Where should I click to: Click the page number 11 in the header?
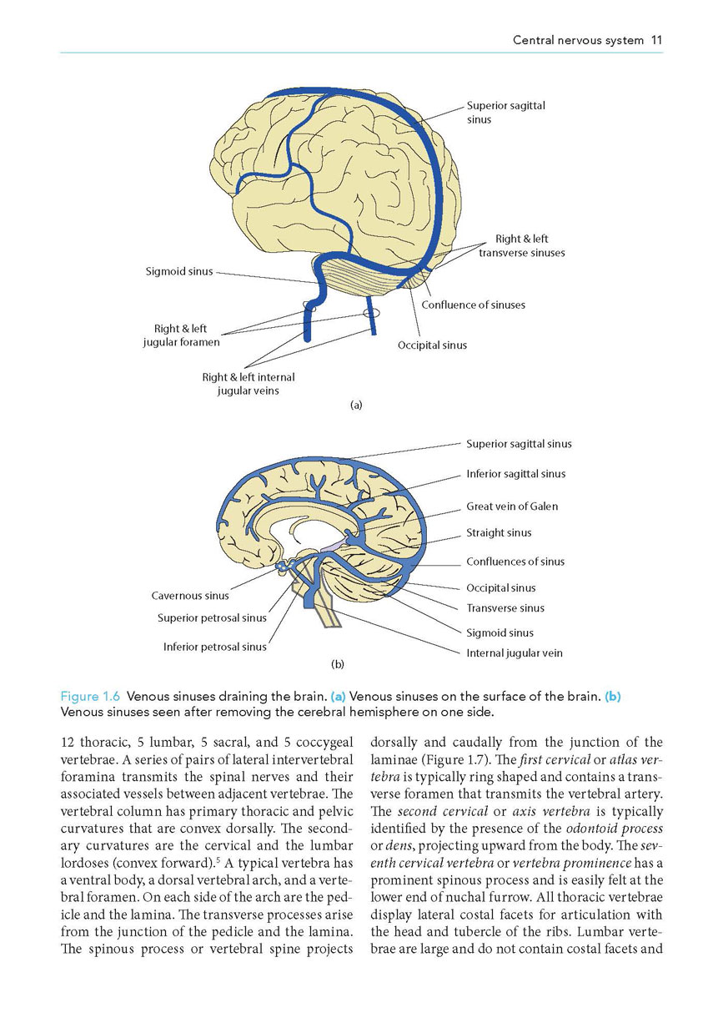click(656, 40)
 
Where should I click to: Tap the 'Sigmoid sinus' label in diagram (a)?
click(179, 271)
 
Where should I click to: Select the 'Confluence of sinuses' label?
click(474, 305)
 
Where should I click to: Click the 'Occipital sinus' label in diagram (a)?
click(432, 345)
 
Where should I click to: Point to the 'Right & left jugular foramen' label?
click(181, 335)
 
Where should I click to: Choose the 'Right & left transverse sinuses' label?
click(522, 246)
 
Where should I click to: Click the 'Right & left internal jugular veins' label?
click(249, 384)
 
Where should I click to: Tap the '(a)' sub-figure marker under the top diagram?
click(356, 405)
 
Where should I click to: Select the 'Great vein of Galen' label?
click(512, 506)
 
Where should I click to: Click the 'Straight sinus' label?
click(499, 532)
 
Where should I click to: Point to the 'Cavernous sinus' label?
click(190, 596)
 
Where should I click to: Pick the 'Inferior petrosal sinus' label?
click(215, 647)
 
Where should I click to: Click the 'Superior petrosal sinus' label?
click(212, 618)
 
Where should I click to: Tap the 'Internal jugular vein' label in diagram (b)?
click(515, 653)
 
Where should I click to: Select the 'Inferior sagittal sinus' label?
click(515, 474)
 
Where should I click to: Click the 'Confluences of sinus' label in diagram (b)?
click(515, 562)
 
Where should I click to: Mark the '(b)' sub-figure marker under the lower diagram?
click(338, 664)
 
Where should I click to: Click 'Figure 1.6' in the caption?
click(90, 697)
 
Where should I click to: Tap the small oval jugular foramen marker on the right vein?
click(371, 313)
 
